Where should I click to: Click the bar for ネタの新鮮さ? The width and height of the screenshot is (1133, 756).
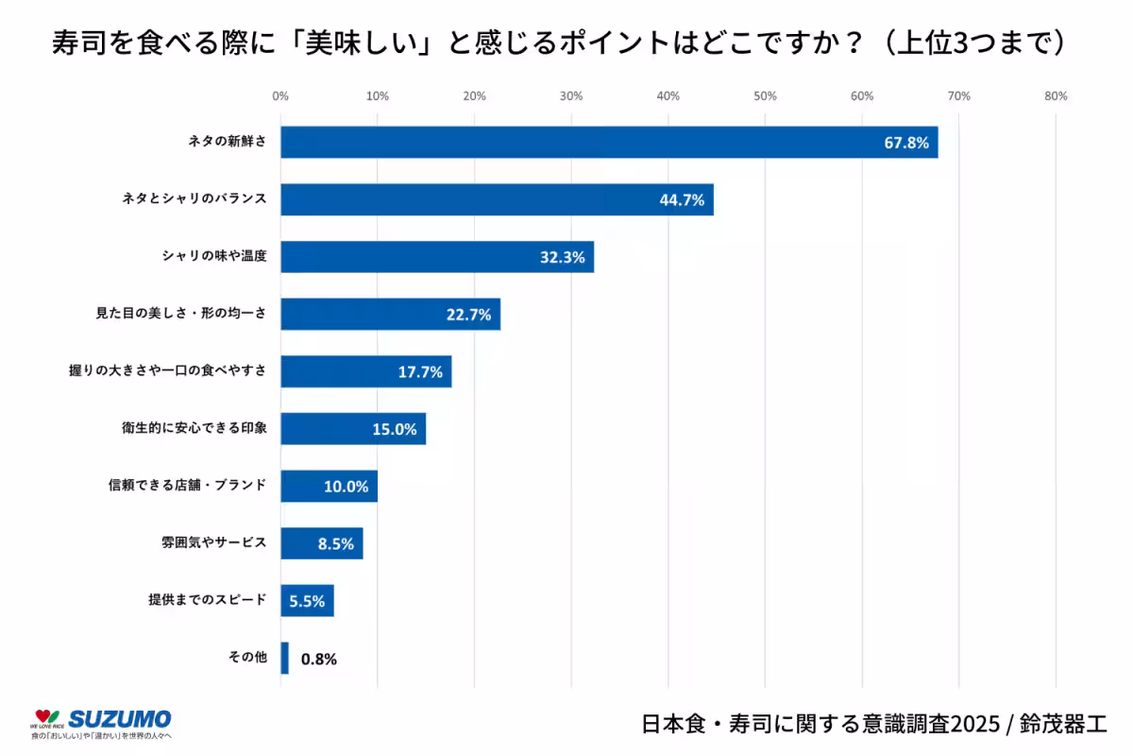[609, 143]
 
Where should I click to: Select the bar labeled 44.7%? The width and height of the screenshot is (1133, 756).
[497, 199]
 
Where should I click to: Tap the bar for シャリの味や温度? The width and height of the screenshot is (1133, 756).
[436, 257]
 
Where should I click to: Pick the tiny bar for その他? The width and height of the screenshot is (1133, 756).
[284, 658]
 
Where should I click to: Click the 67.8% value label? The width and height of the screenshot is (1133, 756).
[906, 144]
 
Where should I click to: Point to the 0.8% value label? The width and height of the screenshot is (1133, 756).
[319, 659]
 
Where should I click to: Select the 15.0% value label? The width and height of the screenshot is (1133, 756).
[394, 429]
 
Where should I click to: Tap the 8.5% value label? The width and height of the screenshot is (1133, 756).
[336, 543]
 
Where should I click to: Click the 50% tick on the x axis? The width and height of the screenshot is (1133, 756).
[765, 95]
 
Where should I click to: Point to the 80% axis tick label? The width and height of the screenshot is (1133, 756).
[1056, 95]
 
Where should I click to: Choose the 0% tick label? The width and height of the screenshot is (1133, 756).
[280, 95]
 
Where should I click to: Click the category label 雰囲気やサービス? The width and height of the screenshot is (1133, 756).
[213, 543]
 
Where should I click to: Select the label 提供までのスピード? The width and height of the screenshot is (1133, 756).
[207, 600]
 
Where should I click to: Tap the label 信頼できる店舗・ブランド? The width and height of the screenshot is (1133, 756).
[187, 486]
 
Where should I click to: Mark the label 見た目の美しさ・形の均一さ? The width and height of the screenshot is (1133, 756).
[180, 314]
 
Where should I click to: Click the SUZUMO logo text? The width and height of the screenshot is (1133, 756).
[120, 718]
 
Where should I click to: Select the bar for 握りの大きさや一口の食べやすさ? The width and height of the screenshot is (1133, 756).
[365, 371]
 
